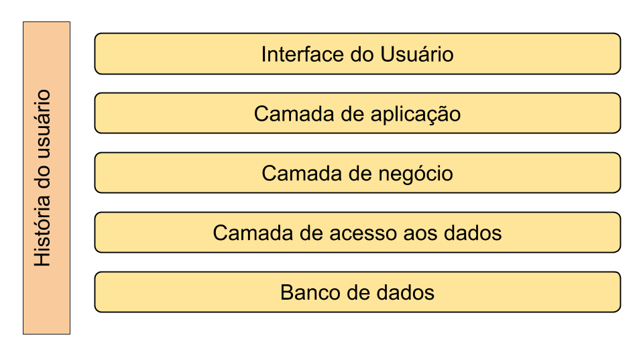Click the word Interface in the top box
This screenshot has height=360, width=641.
pos(303,54)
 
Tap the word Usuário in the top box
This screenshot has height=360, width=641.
pos(416,54)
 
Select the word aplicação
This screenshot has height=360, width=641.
pos(416,115)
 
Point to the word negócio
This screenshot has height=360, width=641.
pos(416,174)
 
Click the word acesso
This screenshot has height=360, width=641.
pos(363,233)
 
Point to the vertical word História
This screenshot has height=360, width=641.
pos(42,231)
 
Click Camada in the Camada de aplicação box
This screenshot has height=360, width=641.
pos(294,113)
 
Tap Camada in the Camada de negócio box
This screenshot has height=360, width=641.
pos(302,173)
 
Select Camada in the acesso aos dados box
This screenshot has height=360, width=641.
pos(253,233)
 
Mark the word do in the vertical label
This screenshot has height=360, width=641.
pos(42,178)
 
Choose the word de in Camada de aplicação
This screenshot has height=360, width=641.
pos(353,113)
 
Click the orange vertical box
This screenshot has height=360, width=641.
pos(47,178)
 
